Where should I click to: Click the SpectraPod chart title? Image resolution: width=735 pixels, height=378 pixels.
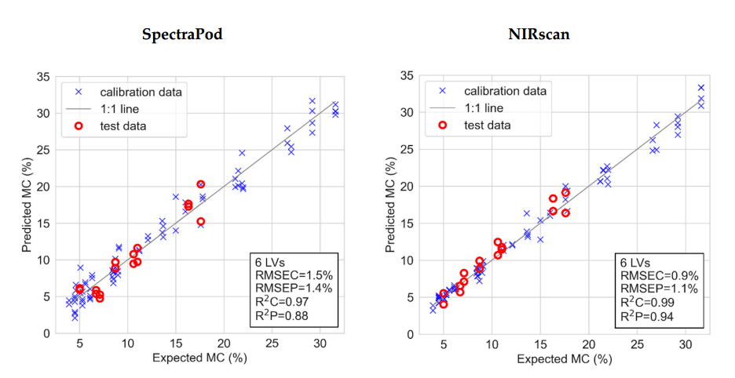point(181,35)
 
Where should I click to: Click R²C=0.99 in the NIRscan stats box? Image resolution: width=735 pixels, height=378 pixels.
point(649,303)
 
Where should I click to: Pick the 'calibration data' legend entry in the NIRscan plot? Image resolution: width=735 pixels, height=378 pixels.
point(505,91)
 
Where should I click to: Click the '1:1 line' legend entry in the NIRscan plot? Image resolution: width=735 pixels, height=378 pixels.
point(483,107)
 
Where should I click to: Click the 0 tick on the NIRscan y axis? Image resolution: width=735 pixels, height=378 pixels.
point(409,333)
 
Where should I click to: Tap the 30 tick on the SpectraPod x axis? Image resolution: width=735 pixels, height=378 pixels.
point(320,346)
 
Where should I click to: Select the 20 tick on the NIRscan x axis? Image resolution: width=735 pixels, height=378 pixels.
point(588,346)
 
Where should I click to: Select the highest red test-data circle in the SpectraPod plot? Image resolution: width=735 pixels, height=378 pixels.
point(201,184)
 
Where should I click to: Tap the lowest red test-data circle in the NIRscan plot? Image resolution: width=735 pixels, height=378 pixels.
point(444,303)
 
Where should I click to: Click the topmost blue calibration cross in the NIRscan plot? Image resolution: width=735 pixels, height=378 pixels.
point(701,88)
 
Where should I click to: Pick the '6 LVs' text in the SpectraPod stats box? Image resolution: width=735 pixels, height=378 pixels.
point(272,262)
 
